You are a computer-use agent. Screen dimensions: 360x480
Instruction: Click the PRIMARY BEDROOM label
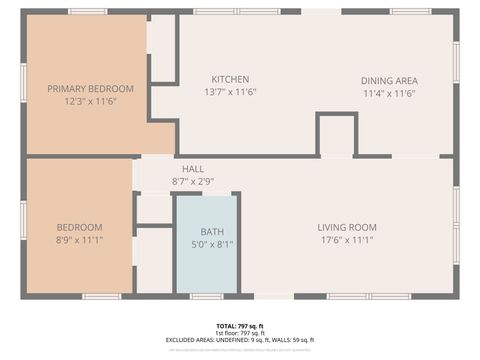pyautogui.click(x=90, y=89)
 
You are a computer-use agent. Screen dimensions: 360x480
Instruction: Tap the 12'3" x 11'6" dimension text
pyautogui.click(x=90, y=101)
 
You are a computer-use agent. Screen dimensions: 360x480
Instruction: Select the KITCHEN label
pyautogui.click(x=230, y=79)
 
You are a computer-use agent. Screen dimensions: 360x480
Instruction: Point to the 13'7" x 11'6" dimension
pyautogui.click(x=230, y=92)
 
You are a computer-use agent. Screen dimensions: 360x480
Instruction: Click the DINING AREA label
pyautogui.click(x=389, y=81)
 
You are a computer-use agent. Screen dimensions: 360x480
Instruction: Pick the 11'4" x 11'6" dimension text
pyautogui.click(x=389, y=93)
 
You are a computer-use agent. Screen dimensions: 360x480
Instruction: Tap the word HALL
pyautogui.click(x=193, y=169)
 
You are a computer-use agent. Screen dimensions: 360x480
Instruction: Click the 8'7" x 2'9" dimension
pyautogui.click(x=193, y=181)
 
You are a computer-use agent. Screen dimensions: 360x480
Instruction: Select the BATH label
pyautogui.click(x=212, y=231)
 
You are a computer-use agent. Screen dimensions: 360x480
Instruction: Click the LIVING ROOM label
pyautogui.click(x=347, y=227)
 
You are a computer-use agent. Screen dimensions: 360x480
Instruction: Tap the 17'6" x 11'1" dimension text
pyautogui.click(x=347, y=240)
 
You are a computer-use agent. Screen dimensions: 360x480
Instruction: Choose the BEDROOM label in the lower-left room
pyautogui.click(x=78, y=227)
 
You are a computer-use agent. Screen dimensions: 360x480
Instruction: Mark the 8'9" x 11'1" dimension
pyautogui.click(x=78, y=240)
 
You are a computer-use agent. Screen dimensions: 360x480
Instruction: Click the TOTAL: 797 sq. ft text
pyautogui.click(x=240, y=326)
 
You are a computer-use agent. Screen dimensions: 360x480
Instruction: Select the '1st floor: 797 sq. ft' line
pyautogui.click(x=240, y=333)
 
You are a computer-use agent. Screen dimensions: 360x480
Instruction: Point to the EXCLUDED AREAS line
pyautogui.click(x=240, y=340)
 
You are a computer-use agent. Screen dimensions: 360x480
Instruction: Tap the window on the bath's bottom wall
pyautogui.click(x=206, y=296)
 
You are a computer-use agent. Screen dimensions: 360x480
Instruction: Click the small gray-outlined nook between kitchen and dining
pyautogui.click(x=337, y=137)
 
